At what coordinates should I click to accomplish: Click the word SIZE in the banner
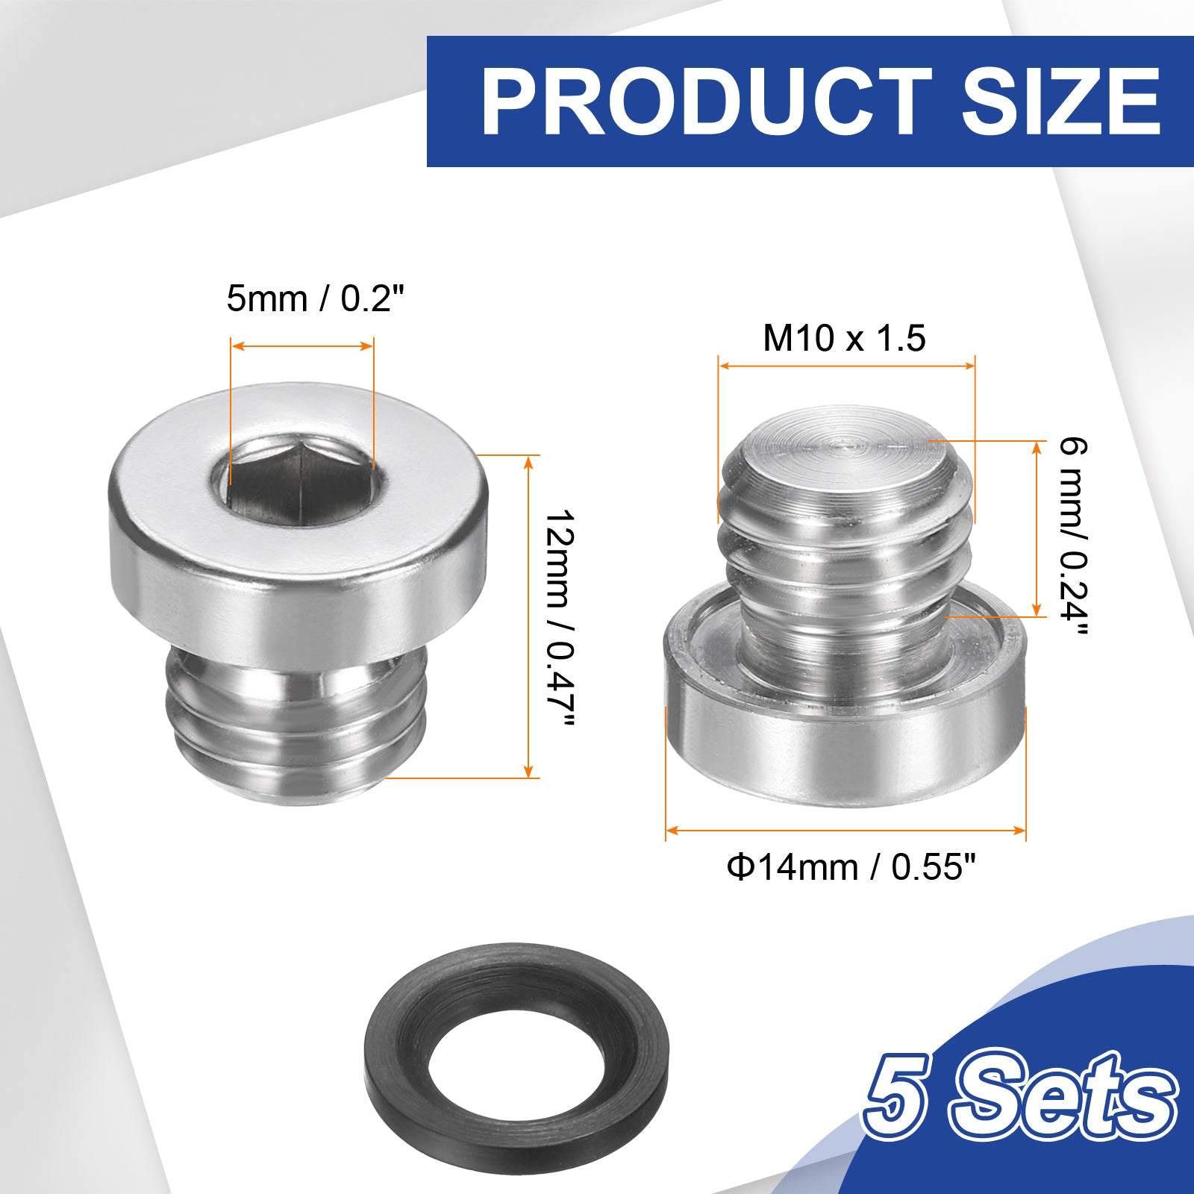[1060, 101]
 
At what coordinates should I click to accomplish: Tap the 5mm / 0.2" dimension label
[315, 299]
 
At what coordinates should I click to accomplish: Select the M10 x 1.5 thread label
[844, 338]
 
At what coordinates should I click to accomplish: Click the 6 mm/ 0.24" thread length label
[1073, 537]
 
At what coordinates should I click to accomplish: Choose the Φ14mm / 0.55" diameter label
[851, 867]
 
